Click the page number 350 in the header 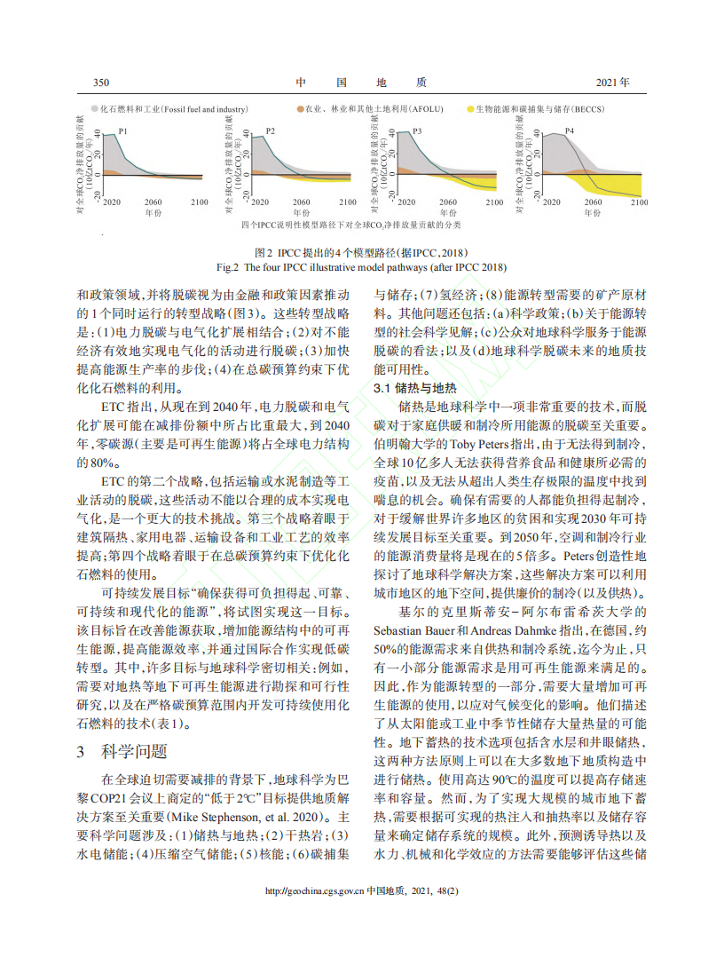[100, 83]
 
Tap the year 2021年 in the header [612, 83]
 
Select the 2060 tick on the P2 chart [300, 203]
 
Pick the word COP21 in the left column [114, 798]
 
